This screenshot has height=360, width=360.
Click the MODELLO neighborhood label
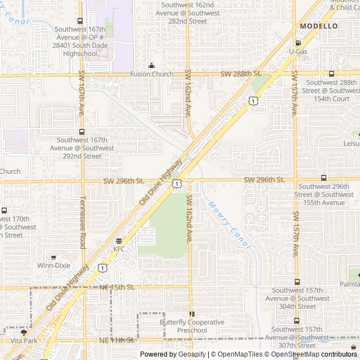click(319, 26)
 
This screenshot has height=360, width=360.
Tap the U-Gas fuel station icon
click(298, 43)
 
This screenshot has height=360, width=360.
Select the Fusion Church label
click(151, 74)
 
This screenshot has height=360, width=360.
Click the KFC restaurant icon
click(119, 240)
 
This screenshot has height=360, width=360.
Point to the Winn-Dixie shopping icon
click(53, 257)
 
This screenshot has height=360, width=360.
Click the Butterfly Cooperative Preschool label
click(192, 326)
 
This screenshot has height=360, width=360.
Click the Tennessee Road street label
click(83, 222)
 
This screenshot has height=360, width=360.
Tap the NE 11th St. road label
click(118, 340)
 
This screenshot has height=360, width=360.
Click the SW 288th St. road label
click(241, 74)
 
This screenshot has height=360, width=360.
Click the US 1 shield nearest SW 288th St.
click(254, 100)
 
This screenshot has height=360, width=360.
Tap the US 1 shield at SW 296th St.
click(177, 183)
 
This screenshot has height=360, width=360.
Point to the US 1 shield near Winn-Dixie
click(102, 268)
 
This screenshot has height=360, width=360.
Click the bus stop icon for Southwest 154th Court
click(331, 74)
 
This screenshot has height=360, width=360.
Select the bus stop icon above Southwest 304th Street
click(297, 282)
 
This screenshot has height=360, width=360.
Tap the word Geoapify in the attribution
click(192, 354)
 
